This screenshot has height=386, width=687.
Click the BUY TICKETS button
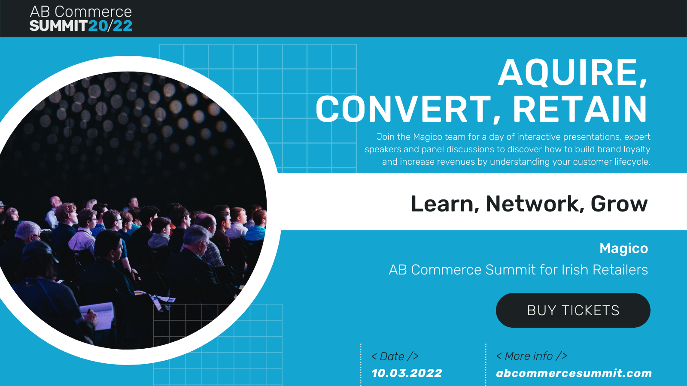(573, 311)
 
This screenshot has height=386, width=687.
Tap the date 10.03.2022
(407, 373)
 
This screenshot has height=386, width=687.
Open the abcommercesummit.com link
(574, 373)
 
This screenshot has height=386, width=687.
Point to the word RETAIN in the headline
(580, 109)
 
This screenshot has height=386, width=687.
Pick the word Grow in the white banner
(619, 204)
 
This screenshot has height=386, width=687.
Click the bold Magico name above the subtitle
(624, 248)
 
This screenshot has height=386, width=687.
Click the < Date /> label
(395, 356)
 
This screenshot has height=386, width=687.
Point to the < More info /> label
(532, 356)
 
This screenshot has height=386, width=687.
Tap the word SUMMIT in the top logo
(58, 26)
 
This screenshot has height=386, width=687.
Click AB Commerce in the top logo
(81, 12)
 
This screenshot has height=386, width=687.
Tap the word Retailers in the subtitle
(620, 270)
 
